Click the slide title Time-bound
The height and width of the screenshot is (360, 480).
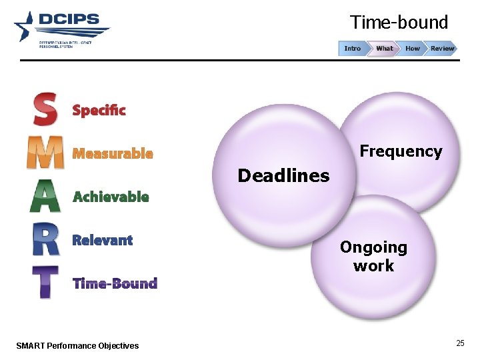[399, 23]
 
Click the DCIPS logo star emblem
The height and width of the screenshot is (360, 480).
[24, 27]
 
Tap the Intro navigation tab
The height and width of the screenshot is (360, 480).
[353, 48]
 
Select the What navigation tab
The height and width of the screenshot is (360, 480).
[384, 48]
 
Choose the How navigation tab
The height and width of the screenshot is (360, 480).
[413, 48]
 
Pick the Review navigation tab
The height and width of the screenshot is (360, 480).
[441, 48]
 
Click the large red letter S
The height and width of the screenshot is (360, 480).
[45, 109]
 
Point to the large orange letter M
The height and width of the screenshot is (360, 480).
[45, 153]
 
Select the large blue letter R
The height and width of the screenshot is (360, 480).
[46, 239]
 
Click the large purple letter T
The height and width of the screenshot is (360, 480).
[45, 282]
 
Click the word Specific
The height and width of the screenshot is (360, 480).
[99, 111]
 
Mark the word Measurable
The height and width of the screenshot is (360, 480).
[113, 154]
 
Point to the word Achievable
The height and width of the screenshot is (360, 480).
[111, 197]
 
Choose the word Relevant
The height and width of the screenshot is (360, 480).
[102, 240]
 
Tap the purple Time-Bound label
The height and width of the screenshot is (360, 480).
[115, 283]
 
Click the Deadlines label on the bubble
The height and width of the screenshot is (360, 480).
[283, 176]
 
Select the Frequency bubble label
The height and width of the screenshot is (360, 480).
[401, 151]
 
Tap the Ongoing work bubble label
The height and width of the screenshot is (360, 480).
[373, 257]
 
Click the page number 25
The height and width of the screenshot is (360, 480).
[460, 343]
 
